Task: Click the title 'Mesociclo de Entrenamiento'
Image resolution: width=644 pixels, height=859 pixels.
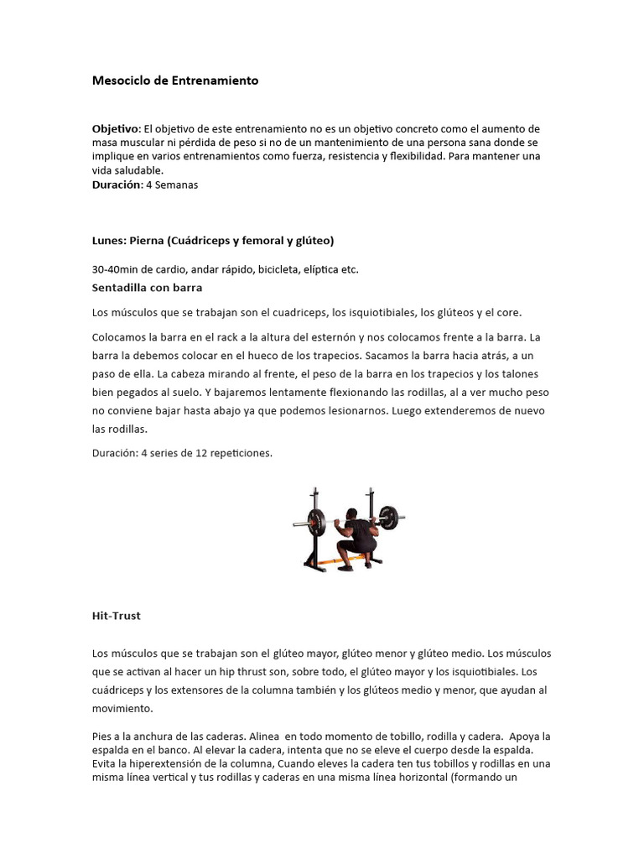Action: (x=175, y=81)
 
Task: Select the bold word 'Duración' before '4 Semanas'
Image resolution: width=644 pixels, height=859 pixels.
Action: (x=117, y=185)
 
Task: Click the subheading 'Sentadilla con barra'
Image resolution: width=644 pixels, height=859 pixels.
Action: (x=147, y=288)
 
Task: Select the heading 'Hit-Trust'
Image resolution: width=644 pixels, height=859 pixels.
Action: (x=116, y=615)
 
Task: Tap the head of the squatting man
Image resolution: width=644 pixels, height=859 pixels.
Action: (x=353, y=513)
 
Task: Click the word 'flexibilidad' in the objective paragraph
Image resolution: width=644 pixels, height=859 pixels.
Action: (x=413, y=156)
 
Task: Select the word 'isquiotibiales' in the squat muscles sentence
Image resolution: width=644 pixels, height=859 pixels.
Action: (x=371, y=313)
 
